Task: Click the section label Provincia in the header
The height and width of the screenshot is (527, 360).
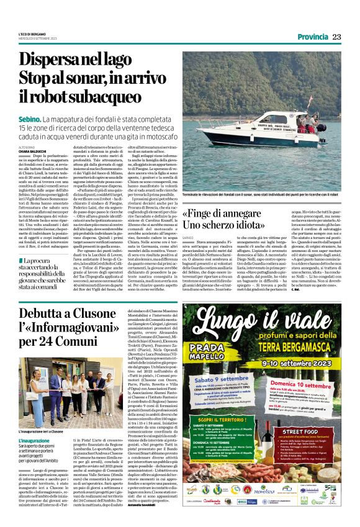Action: click(x=308, y=37)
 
